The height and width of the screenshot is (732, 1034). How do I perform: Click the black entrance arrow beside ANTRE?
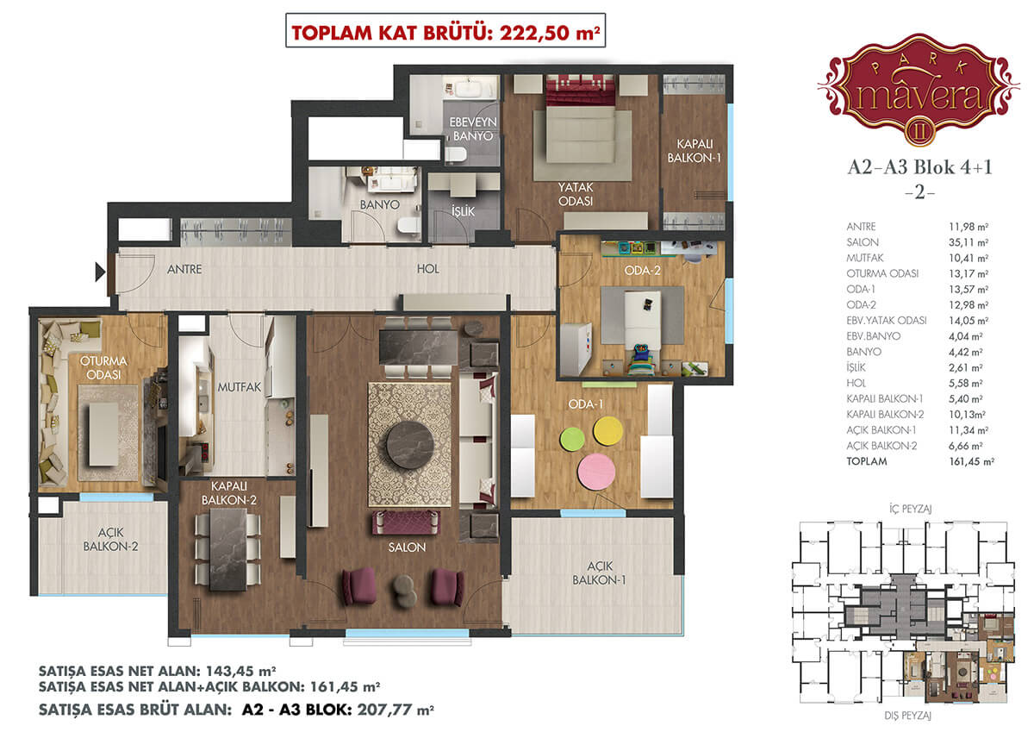(100, 272)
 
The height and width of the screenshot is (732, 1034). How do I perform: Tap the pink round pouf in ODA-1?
(596, 472)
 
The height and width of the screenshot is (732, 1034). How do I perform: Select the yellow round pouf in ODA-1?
(608, 431)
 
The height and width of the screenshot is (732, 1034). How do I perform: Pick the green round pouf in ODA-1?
(572, 439)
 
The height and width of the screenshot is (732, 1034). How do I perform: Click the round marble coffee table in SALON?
(408, 445)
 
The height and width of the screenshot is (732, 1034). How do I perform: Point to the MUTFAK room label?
(240, 387)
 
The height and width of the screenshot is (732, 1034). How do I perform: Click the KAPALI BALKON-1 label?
(695, 151)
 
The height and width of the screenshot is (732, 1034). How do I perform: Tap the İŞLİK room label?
(463, 211)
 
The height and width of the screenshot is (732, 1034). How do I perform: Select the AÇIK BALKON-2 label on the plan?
(111, 540)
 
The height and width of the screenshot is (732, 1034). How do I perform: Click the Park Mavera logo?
(919, 88)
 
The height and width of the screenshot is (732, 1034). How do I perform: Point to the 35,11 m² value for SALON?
(969, 242)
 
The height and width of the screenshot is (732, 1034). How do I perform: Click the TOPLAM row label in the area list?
(867, 461)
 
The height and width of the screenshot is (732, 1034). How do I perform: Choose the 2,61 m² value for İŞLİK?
(966, 367)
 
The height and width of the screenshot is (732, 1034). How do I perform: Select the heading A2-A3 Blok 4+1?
(919, 167)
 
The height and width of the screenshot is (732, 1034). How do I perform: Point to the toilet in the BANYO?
(408, 225)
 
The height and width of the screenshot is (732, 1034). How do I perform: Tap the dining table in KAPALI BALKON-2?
(228, 549)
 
